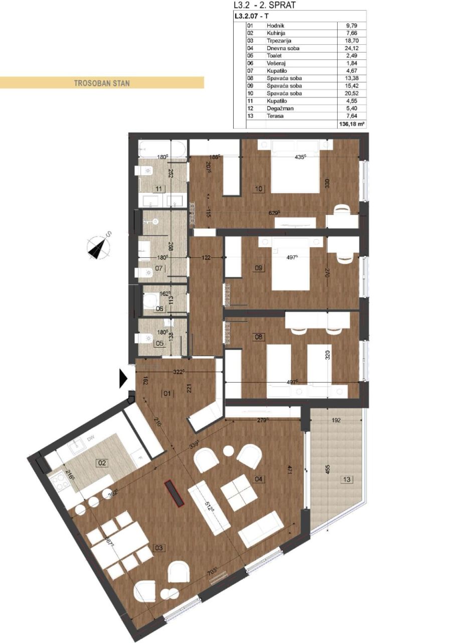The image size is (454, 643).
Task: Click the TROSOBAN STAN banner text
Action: click(x=102, y=83)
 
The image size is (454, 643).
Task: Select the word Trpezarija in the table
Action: click(x=280, y=40)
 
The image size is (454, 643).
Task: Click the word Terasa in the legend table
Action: click(x=275, y=116)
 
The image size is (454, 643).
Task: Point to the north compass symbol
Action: click(x=99, y=246)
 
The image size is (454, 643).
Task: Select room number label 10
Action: click(x=259, y=189)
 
